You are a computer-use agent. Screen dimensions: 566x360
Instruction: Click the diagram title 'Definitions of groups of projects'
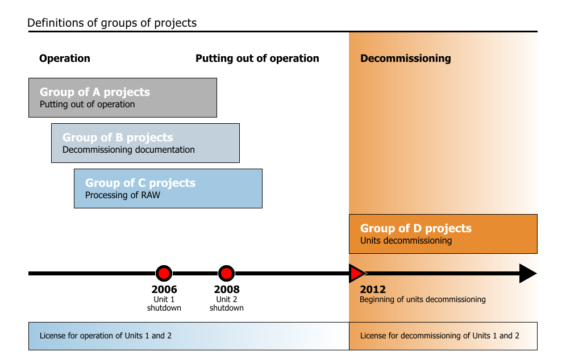coord(112,23)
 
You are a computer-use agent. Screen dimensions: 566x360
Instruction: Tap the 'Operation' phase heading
coord(65,58)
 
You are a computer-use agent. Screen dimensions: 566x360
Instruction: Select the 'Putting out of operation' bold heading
coord(257,58)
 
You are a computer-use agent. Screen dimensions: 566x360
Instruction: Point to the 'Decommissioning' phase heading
coord(406,58)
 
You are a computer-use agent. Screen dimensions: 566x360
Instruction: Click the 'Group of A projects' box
coord(123,98)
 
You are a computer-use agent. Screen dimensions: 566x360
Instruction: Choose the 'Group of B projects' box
coord(145,143)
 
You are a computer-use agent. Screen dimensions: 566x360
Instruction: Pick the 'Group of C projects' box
coord(168,189)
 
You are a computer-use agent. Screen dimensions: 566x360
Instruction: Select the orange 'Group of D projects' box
coord(443,234)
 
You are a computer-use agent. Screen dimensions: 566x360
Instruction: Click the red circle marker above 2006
coord(164,274)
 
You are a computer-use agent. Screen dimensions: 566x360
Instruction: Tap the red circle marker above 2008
coord(226,274)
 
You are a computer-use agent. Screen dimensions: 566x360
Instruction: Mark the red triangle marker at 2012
coord(357,274)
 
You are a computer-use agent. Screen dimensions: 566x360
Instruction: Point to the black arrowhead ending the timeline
coord(528,274)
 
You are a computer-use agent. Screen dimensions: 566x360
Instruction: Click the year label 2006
coord(164,289)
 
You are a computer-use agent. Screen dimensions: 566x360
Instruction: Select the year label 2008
coord(227,289)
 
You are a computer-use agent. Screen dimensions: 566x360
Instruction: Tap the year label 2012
coord(373,289)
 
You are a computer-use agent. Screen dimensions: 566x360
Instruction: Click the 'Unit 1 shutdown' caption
coord(164,304)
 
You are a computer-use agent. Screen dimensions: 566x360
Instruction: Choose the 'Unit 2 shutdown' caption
coord(227,304)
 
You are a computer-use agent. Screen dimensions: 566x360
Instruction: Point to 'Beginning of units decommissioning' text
coord(423,299)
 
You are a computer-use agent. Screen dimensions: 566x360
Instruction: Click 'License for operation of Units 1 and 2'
coord(106,336)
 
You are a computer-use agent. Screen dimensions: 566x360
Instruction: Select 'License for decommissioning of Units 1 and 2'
coord(440,336)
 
